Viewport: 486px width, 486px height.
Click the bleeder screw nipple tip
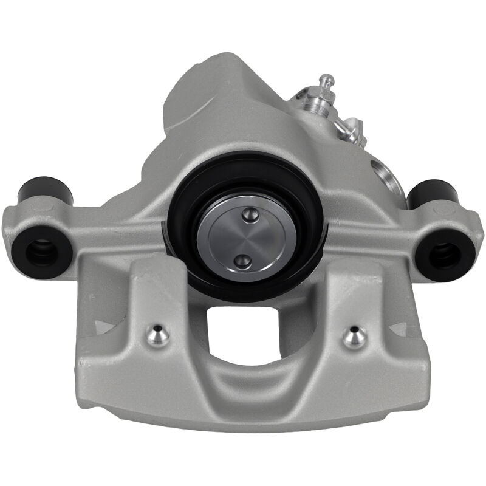pyautogui.click(x=327, y=78)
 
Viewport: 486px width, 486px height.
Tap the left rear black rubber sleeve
pyautogui.click(x=46, y=191)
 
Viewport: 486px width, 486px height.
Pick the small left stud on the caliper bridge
pyautogui.click(x=158, y=335)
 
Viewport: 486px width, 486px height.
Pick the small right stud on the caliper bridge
pyautogui.click(x=354, y=335)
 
